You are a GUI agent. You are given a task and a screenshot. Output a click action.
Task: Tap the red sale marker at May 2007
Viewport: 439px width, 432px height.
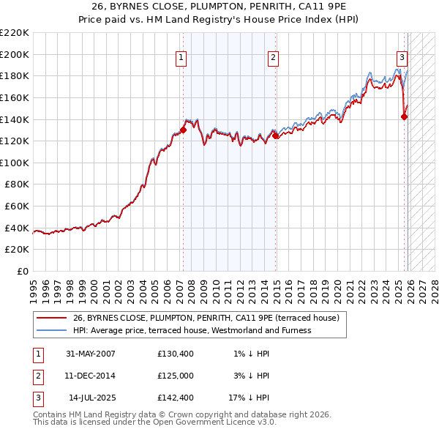(183, 130)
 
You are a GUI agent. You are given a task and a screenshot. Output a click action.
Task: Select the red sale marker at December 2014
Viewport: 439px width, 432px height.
(275, 135)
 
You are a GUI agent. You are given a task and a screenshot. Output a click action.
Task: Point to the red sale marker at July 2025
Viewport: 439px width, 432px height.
(404, 116)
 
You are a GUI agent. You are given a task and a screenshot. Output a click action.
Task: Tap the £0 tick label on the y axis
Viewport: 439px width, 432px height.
(21, 272)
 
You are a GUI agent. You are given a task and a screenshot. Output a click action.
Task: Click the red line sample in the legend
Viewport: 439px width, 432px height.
(51, 319)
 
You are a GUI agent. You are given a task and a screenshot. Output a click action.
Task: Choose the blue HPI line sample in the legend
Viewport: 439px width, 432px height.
(51, 330)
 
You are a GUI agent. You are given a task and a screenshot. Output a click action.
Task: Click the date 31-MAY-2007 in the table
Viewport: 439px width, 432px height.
(91, 354)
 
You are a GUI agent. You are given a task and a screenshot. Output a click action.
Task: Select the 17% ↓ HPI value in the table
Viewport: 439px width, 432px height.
(248, 398)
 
